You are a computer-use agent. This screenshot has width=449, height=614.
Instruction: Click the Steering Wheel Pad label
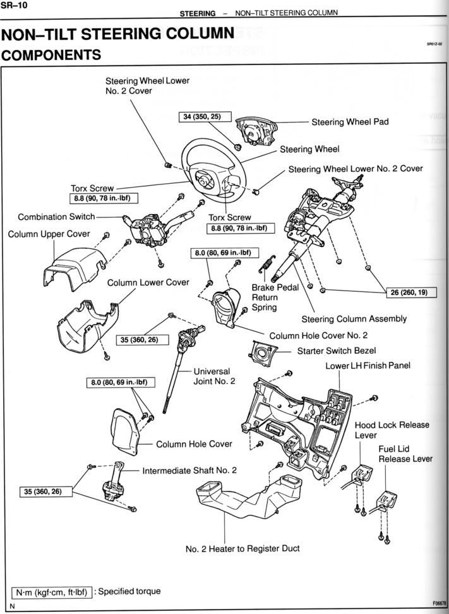pyautogui.click(x=350, y=122)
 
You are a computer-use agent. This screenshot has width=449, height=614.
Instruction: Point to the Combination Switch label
pyautogui.click(x=56, y=217)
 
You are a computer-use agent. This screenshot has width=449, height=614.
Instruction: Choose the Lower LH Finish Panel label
pyautogui.click(x=368, y=366)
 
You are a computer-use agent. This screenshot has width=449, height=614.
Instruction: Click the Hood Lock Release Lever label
pyautogui.click(x=392, y=430)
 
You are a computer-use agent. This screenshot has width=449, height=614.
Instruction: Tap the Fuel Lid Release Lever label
pyautogui.click(x=405, y=454)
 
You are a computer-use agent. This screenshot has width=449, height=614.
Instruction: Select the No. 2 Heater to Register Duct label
pyautogui.click(x=242, y=548)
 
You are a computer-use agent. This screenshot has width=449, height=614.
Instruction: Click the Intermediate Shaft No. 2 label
pyautogui.click(x=189, y=471)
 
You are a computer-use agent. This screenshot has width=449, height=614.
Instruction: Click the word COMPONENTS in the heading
pyautogui.click(x=52, y=56)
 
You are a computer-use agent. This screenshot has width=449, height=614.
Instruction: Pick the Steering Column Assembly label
pyautogui.click(x=354, y=319)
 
